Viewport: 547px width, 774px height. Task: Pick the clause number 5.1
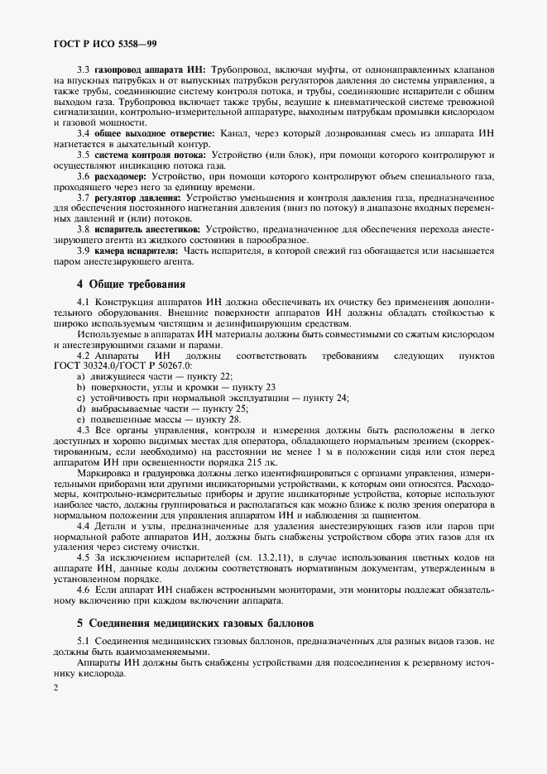click(84, 642)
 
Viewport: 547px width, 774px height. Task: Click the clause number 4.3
click(84, 430)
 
